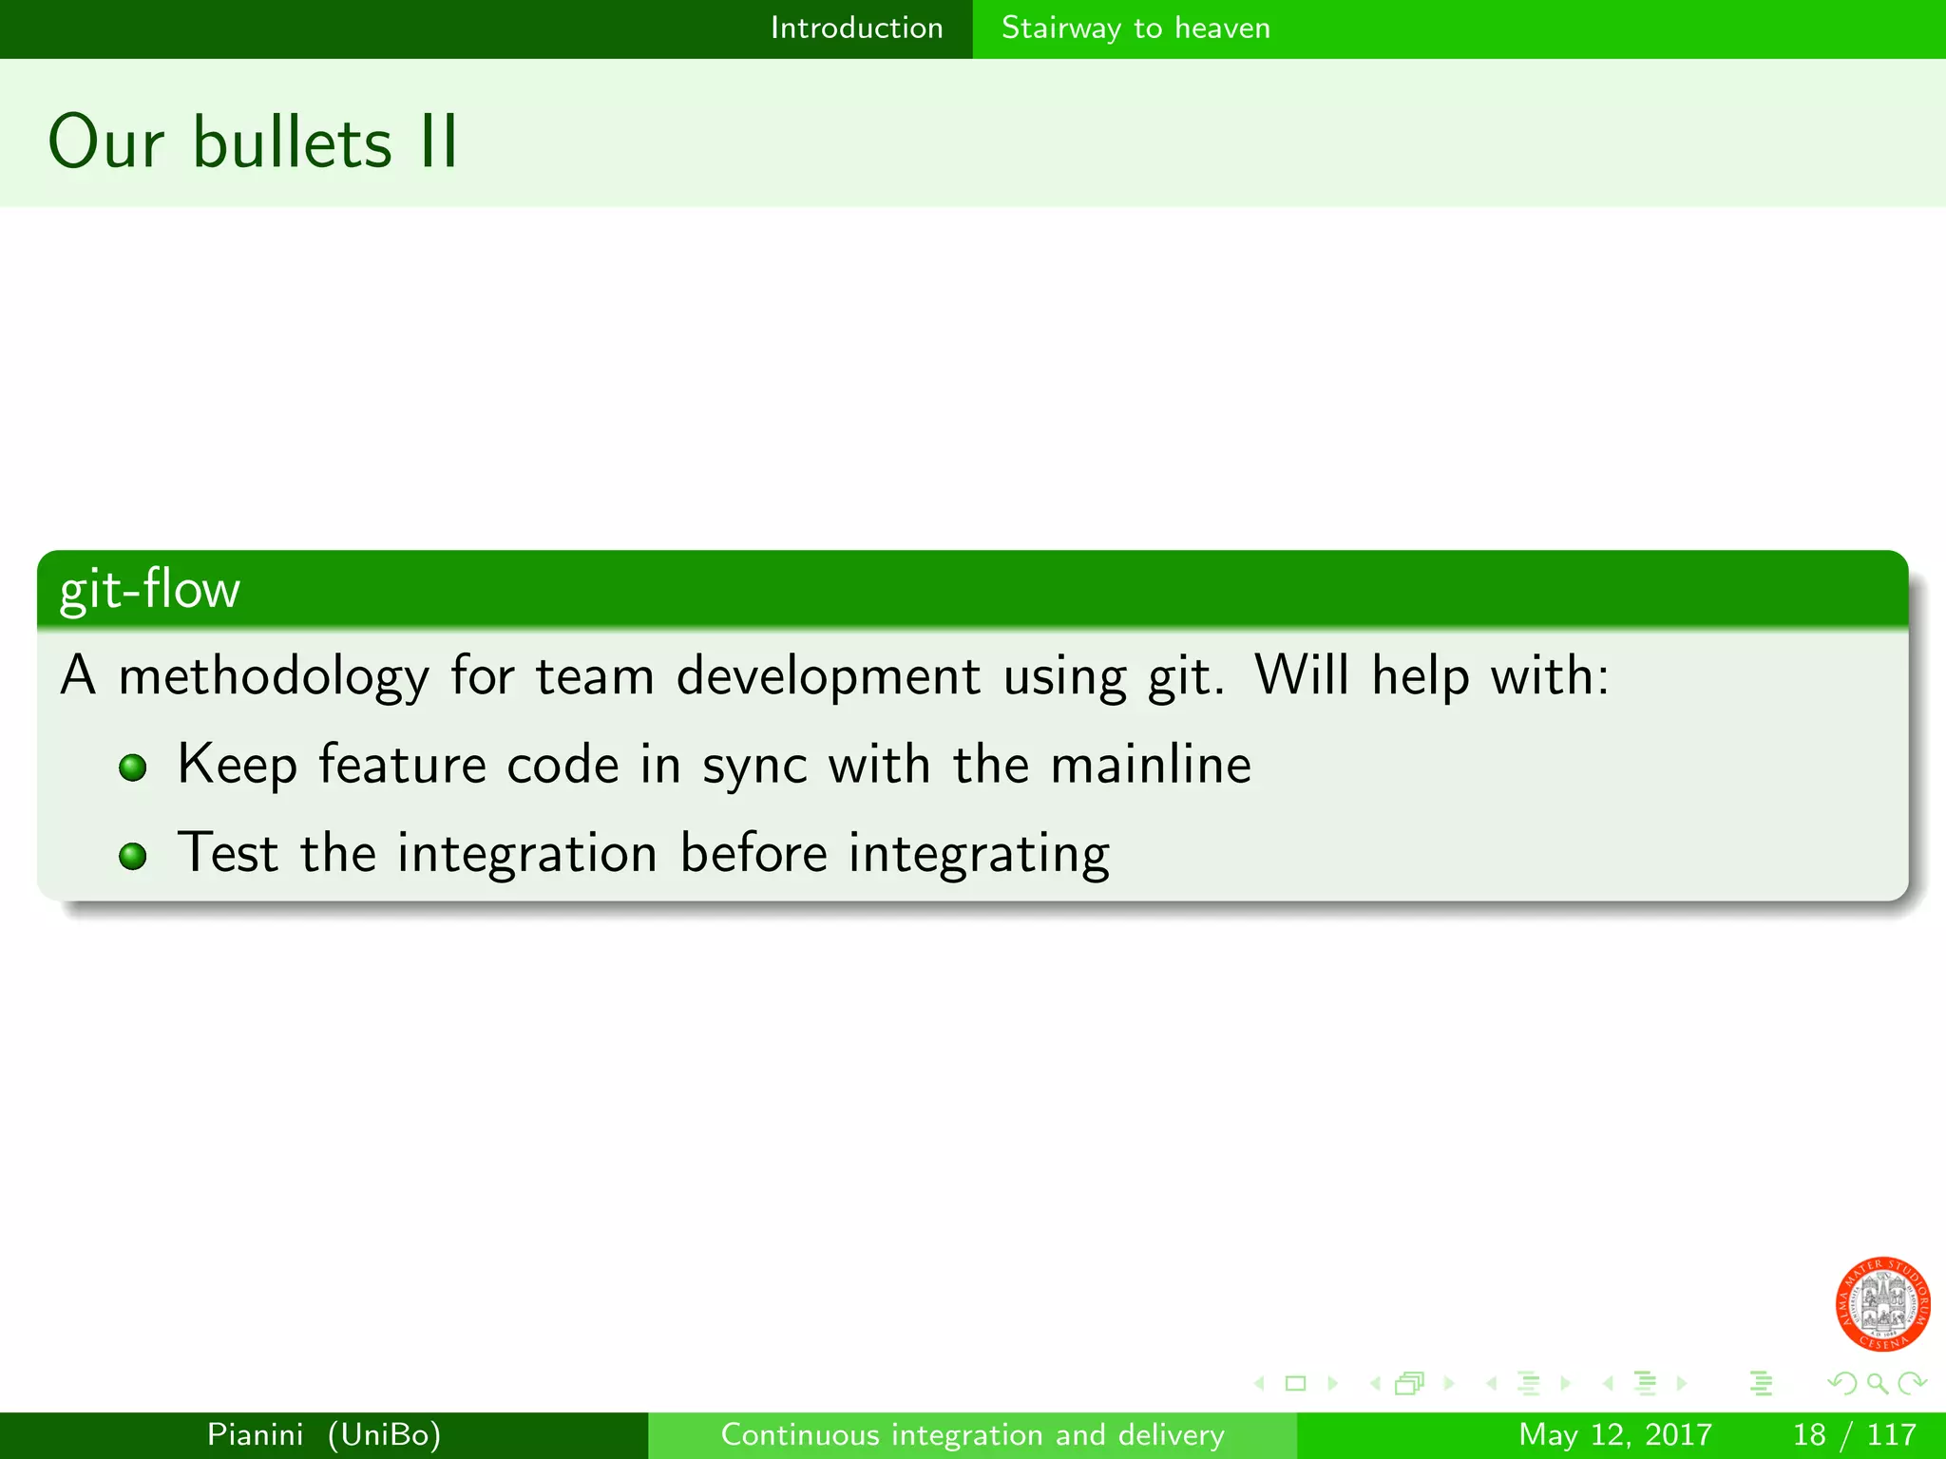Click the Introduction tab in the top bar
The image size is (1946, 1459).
(x=856, y=28)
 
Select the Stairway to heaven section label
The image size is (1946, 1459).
(x=1135, y=28)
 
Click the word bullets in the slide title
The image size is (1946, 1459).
(x=292, y=142)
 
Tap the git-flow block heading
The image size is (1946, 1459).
(x=150, y=590)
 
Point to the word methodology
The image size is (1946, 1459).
(x=274, y=677)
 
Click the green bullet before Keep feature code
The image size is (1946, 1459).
(x=133, y=767)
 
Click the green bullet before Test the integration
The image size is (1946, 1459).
(x=133, y=856)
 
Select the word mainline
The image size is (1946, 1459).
(x=1151, y=765)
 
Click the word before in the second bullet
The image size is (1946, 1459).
(x=754, y=853)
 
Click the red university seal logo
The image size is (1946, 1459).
(x=1881, y=1304)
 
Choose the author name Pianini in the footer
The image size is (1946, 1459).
(x=256, y=1434)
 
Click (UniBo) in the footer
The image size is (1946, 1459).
(x=384, y=1434)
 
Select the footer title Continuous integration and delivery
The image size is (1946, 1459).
(x=972, y=1434)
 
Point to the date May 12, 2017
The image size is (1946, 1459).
(x=1614, y=1434)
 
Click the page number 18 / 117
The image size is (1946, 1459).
(x=1854, y=1434)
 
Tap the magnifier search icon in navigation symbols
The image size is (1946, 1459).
(x=1877, y=1384)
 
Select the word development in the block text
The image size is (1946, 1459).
(x=828, y=677)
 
